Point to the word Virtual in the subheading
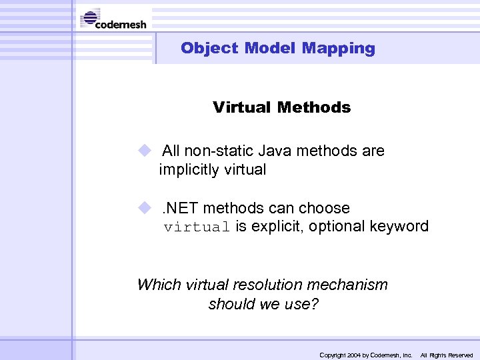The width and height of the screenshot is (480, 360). coord(242,107)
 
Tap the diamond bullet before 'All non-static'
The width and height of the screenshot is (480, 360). coord(145,150)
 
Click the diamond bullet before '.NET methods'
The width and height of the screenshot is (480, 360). coord(145,207)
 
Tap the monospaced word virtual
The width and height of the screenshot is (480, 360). coord(197,227)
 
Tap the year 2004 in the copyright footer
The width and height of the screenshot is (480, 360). coord(352,355)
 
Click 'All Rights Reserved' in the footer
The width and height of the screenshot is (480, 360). coord(446,355)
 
